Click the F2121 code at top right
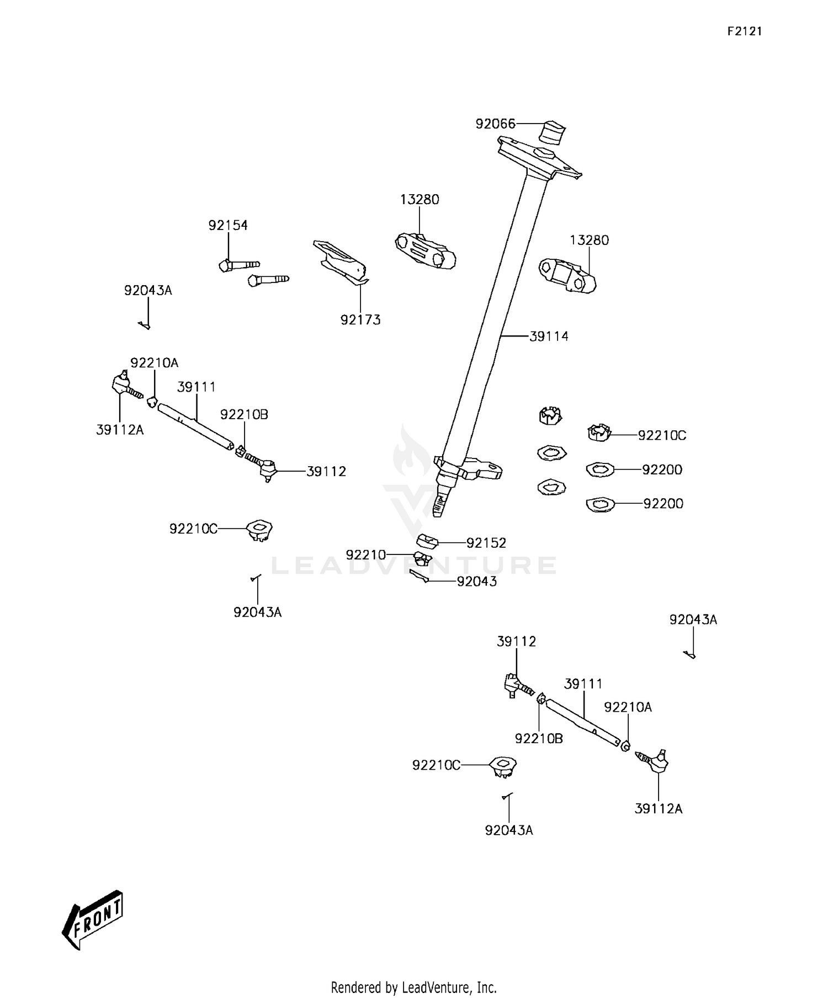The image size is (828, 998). point(744,31)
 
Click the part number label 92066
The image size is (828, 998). point(495,124)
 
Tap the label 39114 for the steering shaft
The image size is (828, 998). point(549,337)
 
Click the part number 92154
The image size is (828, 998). point(228,225)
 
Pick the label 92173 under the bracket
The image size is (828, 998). point(360,320)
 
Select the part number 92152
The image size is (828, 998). point(486,543)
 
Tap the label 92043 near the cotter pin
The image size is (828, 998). point(476,581)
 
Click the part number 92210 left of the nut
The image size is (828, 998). point(366,555)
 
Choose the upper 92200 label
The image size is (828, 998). point(662,469)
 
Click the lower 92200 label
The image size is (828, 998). point(663,504)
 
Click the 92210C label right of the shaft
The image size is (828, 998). point(662,435)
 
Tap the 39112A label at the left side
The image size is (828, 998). point(120,430)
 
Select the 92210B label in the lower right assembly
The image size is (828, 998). point(539,739)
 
